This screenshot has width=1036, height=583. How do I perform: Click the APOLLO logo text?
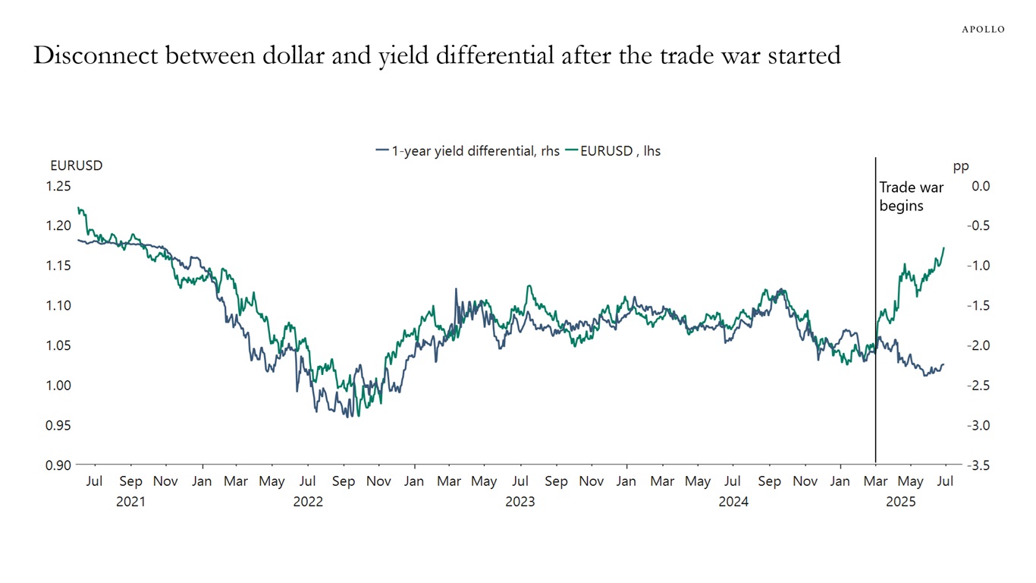[983, 29]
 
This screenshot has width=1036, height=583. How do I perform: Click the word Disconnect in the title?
[96, 55]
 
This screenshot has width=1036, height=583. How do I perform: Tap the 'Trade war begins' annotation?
[901, 196]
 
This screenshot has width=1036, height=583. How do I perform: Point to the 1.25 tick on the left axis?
[58, 186]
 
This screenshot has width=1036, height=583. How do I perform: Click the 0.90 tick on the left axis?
[58, 465]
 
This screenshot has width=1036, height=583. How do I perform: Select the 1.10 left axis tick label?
[58, 305]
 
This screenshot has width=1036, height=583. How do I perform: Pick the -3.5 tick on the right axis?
[978, 465]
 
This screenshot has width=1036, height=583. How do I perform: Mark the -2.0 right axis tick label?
[978, 345]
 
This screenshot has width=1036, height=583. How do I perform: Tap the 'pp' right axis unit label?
[961, 166]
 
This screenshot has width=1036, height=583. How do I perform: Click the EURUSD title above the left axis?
[76, 165]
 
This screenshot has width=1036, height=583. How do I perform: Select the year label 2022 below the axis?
[308, 502]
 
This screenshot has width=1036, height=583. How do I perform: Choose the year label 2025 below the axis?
[901, 502]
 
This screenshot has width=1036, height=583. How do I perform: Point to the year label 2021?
[130, 502]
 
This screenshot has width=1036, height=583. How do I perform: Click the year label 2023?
[520, 502]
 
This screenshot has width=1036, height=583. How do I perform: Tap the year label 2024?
[733, 502]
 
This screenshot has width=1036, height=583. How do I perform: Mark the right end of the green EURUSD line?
[944, 247]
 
